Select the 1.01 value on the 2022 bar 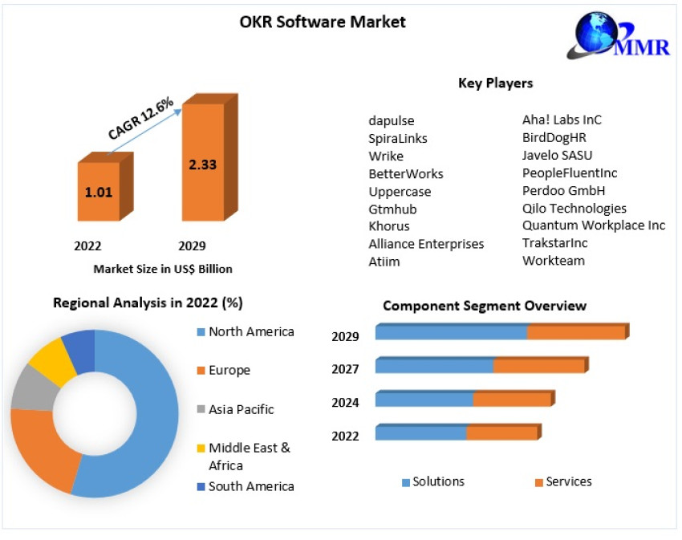point(100,193)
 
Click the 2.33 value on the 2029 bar point(202,164)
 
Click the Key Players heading point(495,83)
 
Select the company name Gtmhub point(392,209)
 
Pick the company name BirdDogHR point(554,137)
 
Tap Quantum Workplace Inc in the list point(594,225)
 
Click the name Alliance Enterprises point(426,244)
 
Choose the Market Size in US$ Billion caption point(163,269)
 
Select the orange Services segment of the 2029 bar point(575,332)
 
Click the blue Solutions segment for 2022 point(420,433)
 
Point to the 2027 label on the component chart point(345,369)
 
